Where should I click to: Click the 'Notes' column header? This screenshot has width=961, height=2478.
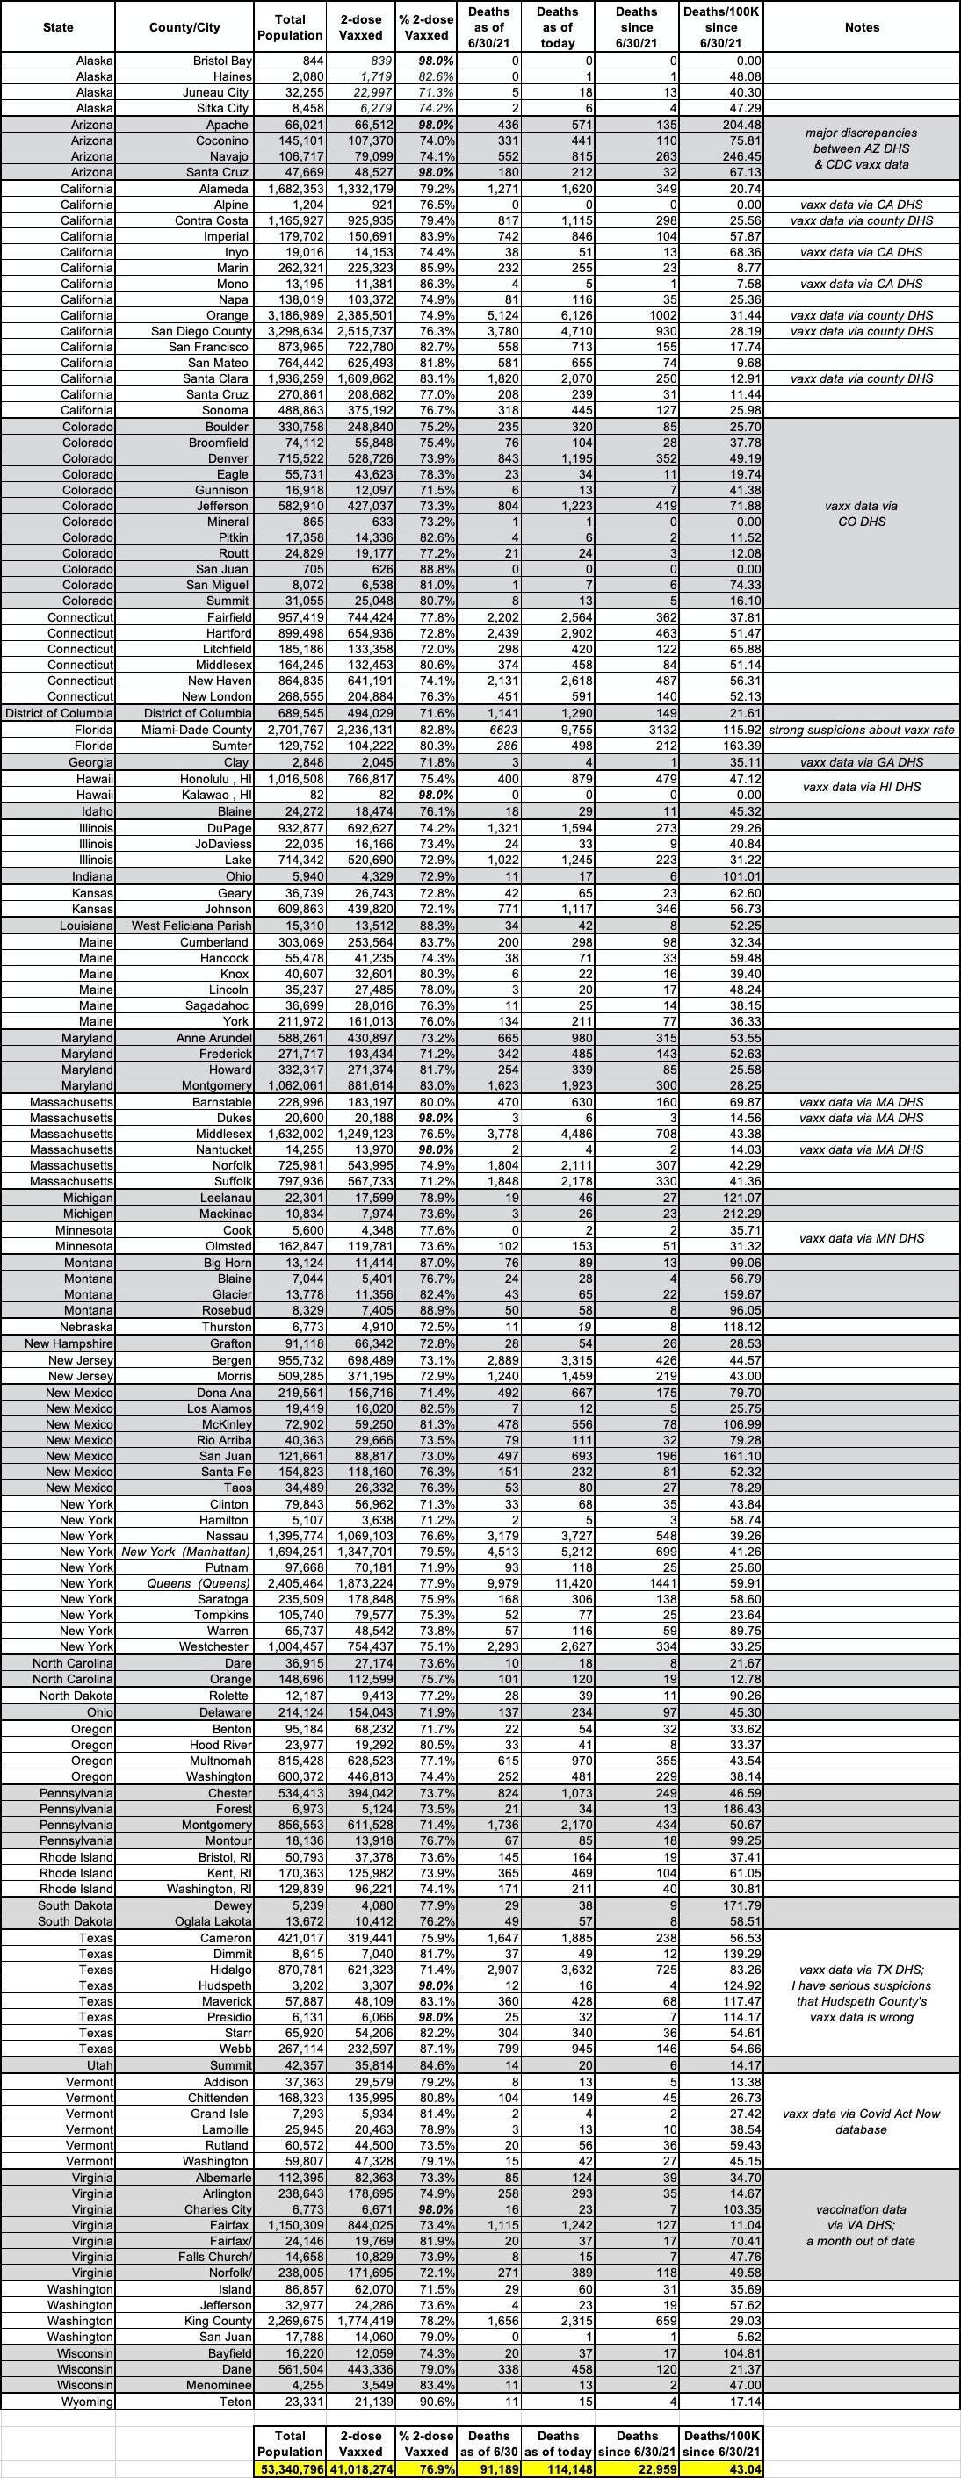(x=861, y=27)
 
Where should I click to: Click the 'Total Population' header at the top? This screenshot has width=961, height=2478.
(x=290, y=27)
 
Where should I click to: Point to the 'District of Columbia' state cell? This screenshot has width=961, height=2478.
(x=59, y=713)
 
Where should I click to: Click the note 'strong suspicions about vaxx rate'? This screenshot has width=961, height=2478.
(x=862, y=730)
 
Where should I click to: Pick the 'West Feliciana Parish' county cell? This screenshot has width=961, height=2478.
(x=192, y=926)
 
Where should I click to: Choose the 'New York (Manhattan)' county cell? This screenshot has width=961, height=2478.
(x=186, y=1552)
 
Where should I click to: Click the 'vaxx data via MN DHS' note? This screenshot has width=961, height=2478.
(x=862, y=1238)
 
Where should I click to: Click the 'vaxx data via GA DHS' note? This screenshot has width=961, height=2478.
(x=862, y=762)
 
